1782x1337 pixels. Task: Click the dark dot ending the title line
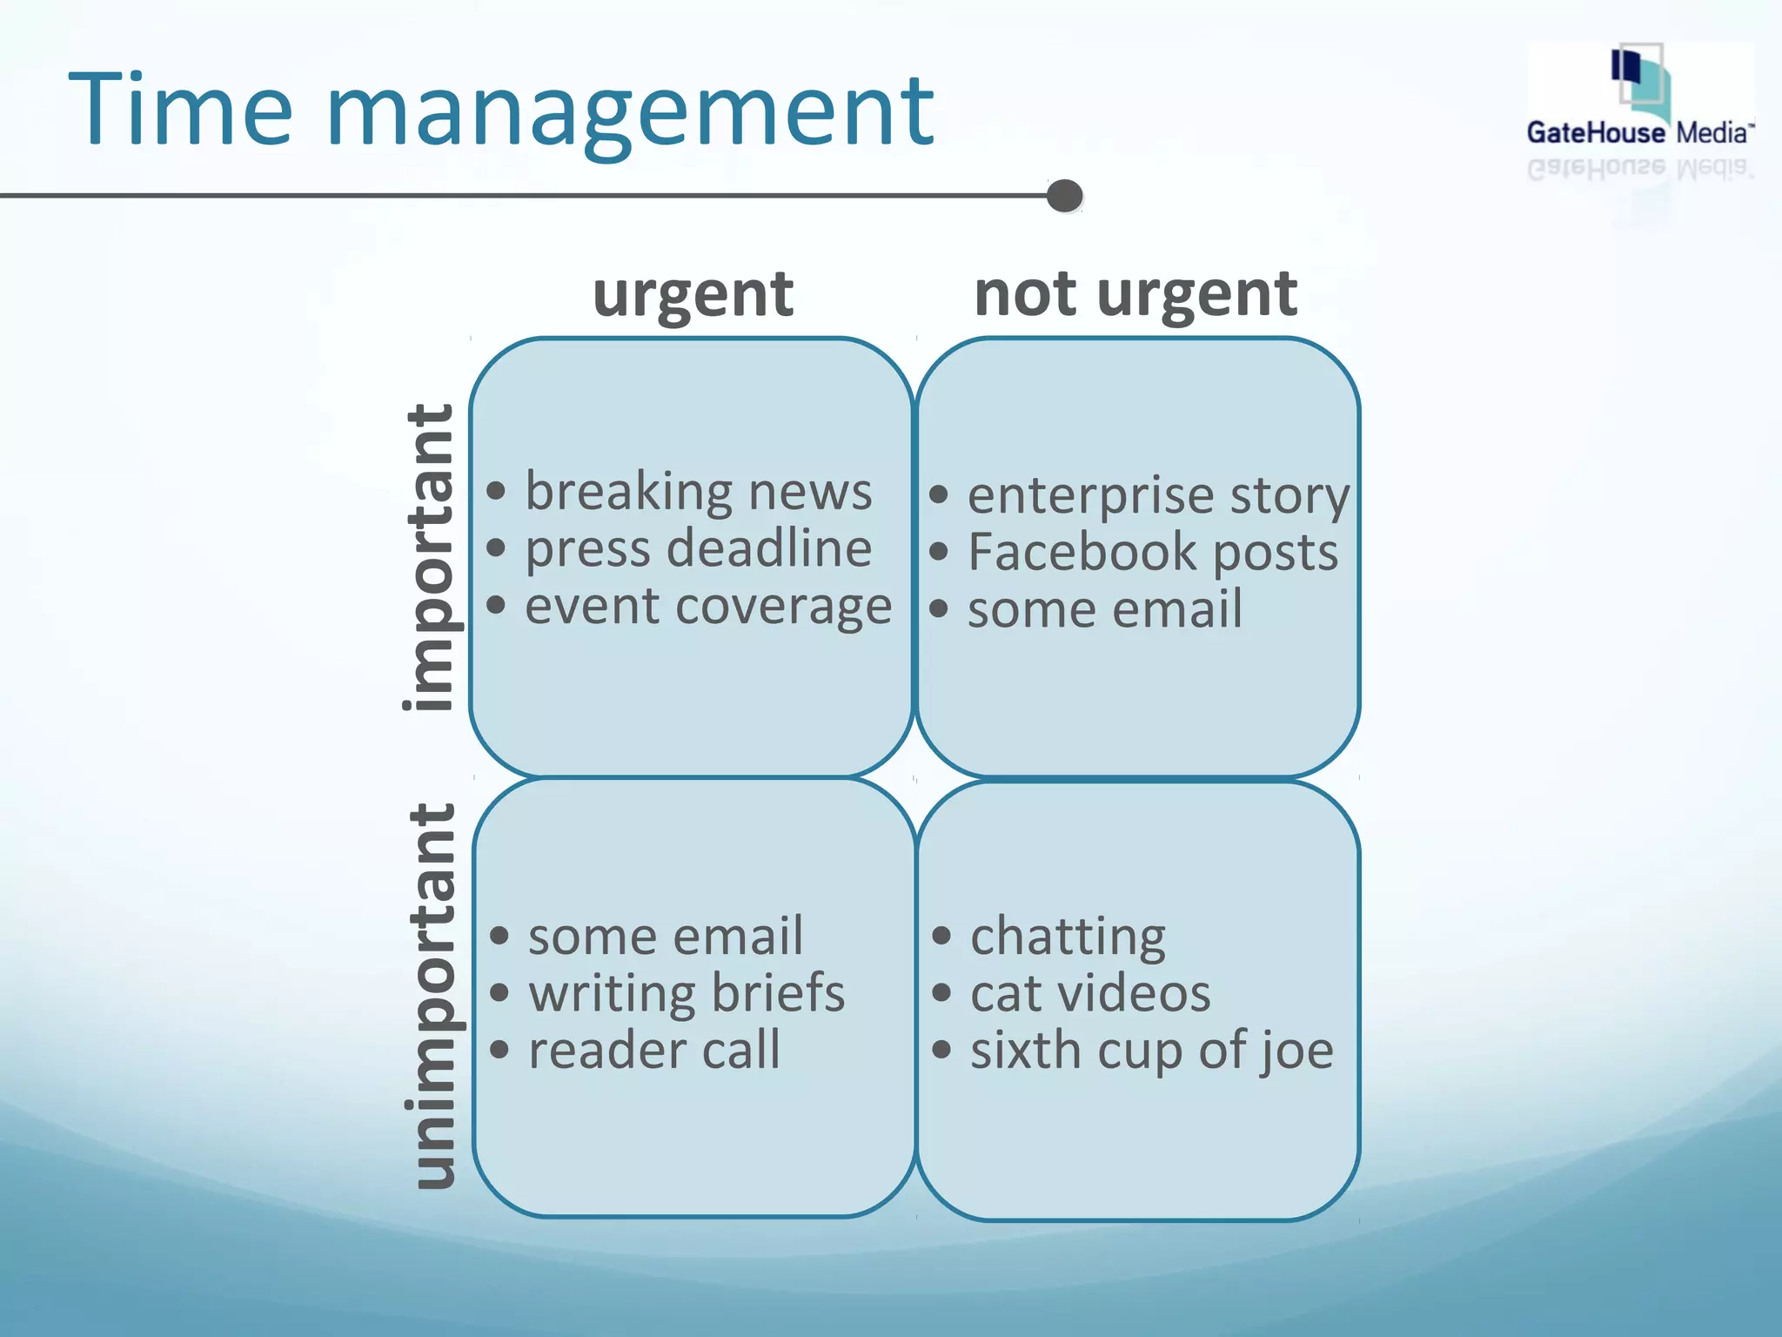[x=1064, y=196]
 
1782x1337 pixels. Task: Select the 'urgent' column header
[x=693, y=294]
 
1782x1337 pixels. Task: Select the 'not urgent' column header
[x=1136, y=294]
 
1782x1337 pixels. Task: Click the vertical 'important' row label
[x=429, y=557]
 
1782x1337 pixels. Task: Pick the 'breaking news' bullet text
[x=698, y=492]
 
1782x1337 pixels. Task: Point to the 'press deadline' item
[x=698, y=549]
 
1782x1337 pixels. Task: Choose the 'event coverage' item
[x=708, y=606]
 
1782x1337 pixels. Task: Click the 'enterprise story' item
[x=1158, y=495]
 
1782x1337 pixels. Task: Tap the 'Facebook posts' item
[x=1152, y=553]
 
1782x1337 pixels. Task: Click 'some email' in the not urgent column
[x=1104, y=609]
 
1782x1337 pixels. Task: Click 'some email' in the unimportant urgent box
[x=665, y=937]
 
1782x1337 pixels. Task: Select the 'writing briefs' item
[x=686, y=993]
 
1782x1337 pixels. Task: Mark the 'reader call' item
[x=653, y=1050]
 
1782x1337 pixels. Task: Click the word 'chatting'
[x=1068, y=937]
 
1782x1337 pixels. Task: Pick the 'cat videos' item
[x=1089, y=993]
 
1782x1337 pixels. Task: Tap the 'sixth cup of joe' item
[x=1151, y=1051]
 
